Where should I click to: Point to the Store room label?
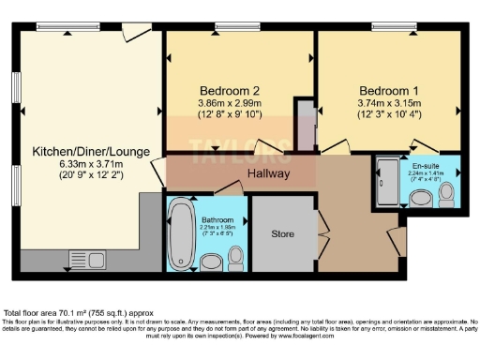point(283,233)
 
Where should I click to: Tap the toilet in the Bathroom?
point(235,258)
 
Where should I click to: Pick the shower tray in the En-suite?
point(385,180)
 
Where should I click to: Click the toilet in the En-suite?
point(446,194)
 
